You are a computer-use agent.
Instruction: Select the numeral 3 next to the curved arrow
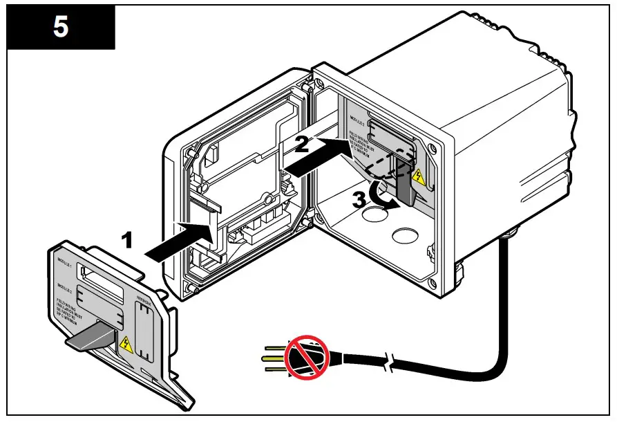click(359, 200)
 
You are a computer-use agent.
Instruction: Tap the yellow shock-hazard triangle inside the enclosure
click(419, 177)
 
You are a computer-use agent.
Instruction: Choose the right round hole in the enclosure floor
click(404, 236)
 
